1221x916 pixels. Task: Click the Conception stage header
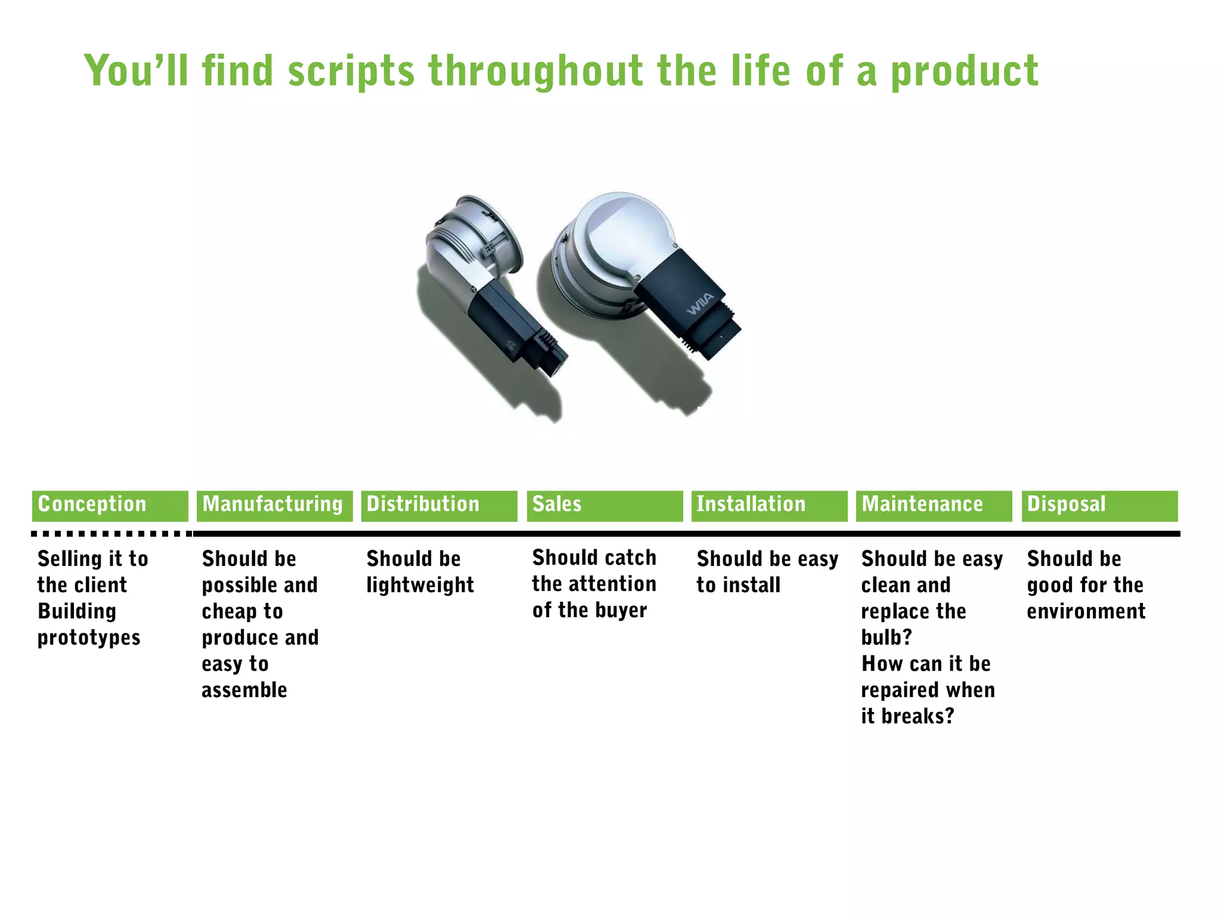point(110,506)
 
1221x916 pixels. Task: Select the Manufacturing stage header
point(274,506)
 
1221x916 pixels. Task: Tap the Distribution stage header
point(439,506)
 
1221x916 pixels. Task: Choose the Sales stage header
point(605,506)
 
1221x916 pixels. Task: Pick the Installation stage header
point(769,506)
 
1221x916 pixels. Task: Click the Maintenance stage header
point(934,506)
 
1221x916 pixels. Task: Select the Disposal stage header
point(1099,506)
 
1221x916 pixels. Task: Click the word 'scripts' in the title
point(351,72)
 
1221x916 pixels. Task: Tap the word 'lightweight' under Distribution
point(420,586)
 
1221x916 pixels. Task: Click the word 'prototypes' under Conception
point(89,638)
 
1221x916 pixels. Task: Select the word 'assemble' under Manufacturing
point(244,690)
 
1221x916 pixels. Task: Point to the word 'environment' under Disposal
point(1086,612)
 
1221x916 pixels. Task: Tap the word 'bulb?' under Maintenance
point(887,638)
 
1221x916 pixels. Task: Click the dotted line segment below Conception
point(111,534)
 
